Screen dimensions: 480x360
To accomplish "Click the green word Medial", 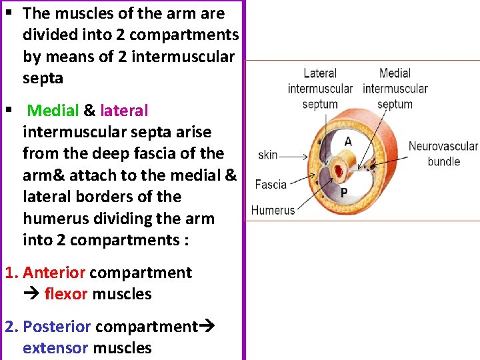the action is pyautogui.click(x=53, y=111).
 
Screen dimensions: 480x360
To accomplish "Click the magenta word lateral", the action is pyautogui.click(x=124, y=111).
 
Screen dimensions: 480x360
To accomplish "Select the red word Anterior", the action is pyautogui.click(x=54, y=273).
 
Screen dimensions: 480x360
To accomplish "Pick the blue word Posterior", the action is pyautogui.click(x=57, y=327).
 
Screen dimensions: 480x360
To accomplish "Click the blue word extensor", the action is pyautogui.click(x=55, y=348).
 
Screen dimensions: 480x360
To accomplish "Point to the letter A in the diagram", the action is pyautogui.click(x=347, y=141).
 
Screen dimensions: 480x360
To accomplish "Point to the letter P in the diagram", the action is pyautogui.click(x=344, y=193).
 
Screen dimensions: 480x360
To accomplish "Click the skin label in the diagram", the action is pyautogui.click(x=268, y=155).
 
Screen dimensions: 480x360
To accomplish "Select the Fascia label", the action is pyautogui.click(x=271, y=185).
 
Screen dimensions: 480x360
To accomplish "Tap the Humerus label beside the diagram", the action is pyautogui.click(x=273, y=210).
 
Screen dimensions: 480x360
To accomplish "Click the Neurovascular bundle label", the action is pyautogui.click(x=443, y=153).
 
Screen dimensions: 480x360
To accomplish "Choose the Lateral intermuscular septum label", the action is pyautogui.click(x=320, y=88).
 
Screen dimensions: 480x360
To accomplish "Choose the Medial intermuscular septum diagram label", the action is pyautogui.click(x=395, y=88).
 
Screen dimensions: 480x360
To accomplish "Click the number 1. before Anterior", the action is pyautogui.click(x=11, y=273).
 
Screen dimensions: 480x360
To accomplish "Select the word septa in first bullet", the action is pyautogui.click(x=43, y=78).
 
